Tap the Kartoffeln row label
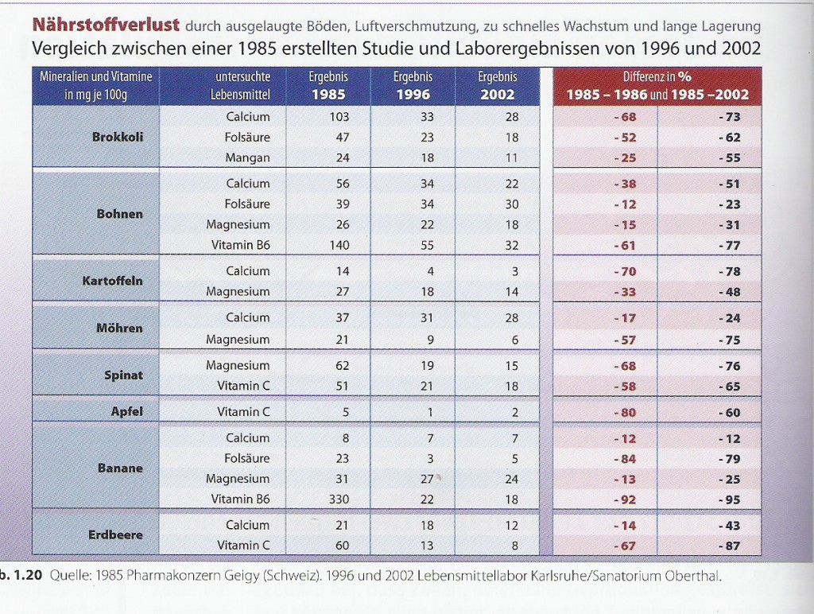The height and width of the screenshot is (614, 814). tap(113, 281)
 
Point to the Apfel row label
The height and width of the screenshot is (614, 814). tap(126, 412)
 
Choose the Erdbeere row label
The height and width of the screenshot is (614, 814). tap(115, 534)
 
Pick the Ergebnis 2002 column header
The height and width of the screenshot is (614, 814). tap(498, 86)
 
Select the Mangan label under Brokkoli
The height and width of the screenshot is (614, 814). tap(248, 157)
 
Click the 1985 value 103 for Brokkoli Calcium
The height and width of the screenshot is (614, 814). tap(339, 117)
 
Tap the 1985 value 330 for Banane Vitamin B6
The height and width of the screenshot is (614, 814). tap(339, 499)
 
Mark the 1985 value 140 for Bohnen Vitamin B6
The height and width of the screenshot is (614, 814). tap(339, 245)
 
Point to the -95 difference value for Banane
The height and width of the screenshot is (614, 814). tap(729, 499)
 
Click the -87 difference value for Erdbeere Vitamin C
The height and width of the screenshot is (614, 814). tap(729, 546)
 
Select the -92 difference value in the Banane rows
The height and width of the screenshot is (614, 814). tap(625, 499)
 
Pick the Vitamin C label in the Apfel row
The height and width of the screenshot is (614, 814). tap(244, 412)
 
